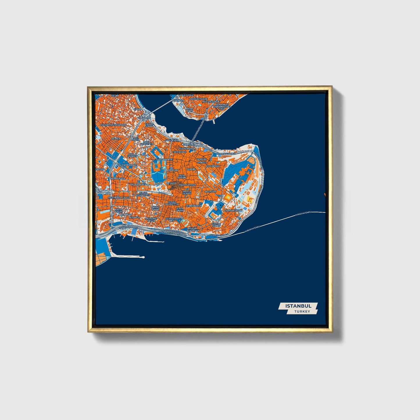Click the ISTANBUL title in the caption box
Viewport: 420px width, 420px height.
tap(298, 306)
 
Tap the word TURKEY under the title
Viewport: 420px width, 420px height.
tap(302, 312)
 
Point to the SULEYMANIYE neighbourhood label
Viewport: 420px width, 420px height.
tap(164, 160)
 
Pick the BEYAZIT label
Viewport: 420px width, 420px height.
tap(171, 183)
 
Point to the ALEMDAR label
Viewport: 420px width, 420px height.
tap(210, 192)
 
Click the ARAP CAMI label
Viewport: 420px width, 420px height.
tap(190, 110)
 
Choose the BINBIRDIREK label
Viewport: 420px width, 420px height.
tap(194, 205)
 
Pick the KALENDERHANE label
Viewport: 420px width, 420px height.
tap(127, 165)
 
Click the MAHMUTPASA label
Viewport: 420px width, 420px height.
tap(187, 185)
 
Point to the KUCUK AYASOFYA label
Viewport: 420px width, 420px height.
tap(193, 229)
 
